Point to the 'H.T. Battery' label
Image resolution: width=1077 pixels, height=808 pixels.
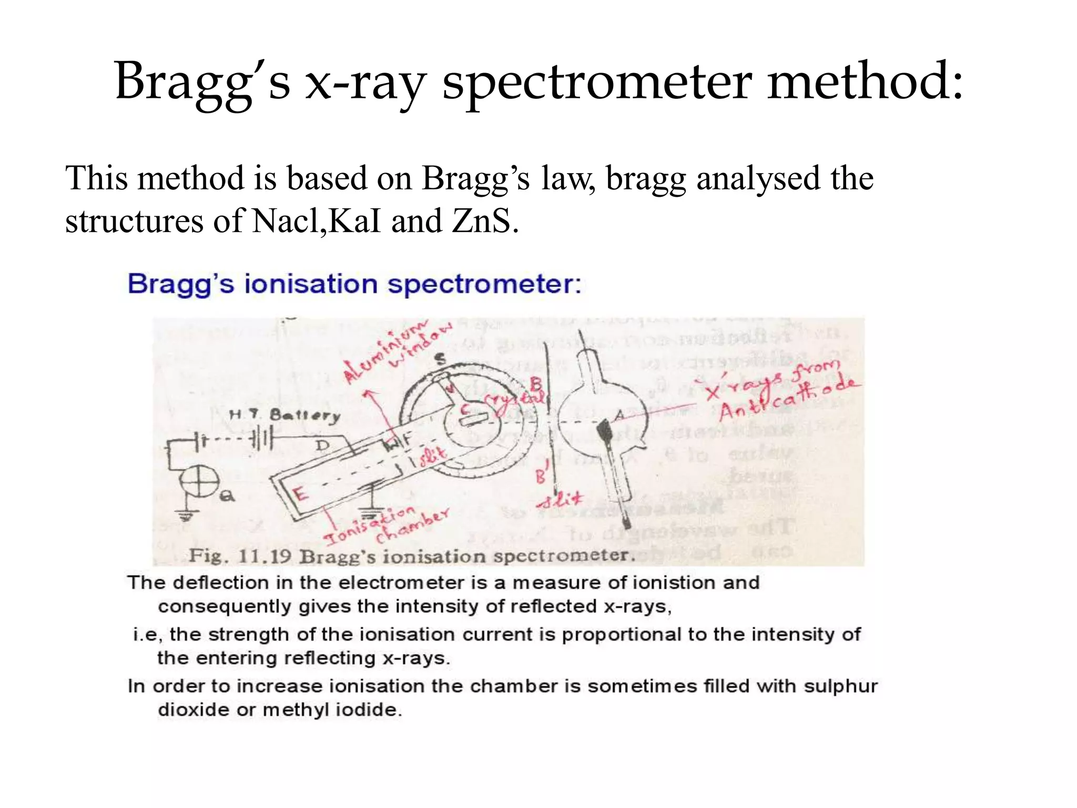[285, 416]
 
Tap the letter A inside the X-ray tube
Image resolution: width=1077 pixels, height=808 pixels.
[619, 416]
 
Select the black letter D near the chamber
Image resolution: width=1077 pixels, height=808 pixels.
[322, 446]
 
